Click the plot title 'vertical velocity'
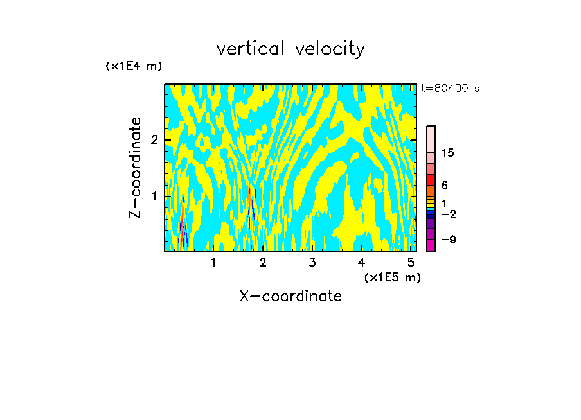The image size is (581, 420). point(290,49)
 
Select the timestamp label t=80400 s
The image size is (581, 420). point(450,89)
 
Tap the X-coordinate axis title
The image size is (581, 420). point(290,296)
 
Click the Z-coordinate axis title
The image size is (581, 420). point(135,168)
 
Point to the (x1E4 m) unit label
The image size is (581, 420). point(134,66)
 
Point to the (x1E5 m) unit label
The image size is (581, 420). point(392,277)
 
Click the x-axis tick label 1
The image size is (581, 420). point(213,262)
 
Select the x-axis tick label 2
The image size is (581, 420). point(263,262)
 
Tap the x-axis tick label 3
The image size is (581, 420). point(312,262)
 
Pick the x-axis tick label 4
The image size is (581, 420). point(362,262)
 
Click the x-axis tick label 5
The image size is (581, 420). point(411,262)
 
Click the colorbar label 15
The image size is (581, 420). point(448,153)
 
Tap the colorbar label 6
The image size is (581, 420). point(444,185)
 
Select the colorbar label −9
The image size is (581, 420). point(447,240)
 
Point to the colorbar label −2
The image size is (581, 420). point(448,214)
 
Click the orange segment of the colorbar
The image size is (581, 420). point(431,191)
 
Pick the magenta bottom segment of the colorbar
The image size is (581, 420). point(431,245)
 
